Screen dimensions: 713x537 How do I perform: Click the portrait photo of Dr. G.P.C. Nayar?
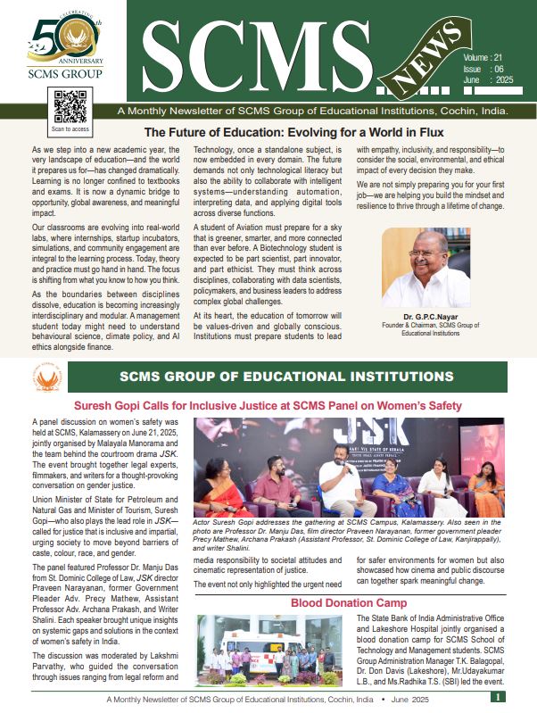tap(425, 267)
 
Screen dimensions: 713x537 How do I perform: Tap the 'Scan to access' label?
tap(70, 129)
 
